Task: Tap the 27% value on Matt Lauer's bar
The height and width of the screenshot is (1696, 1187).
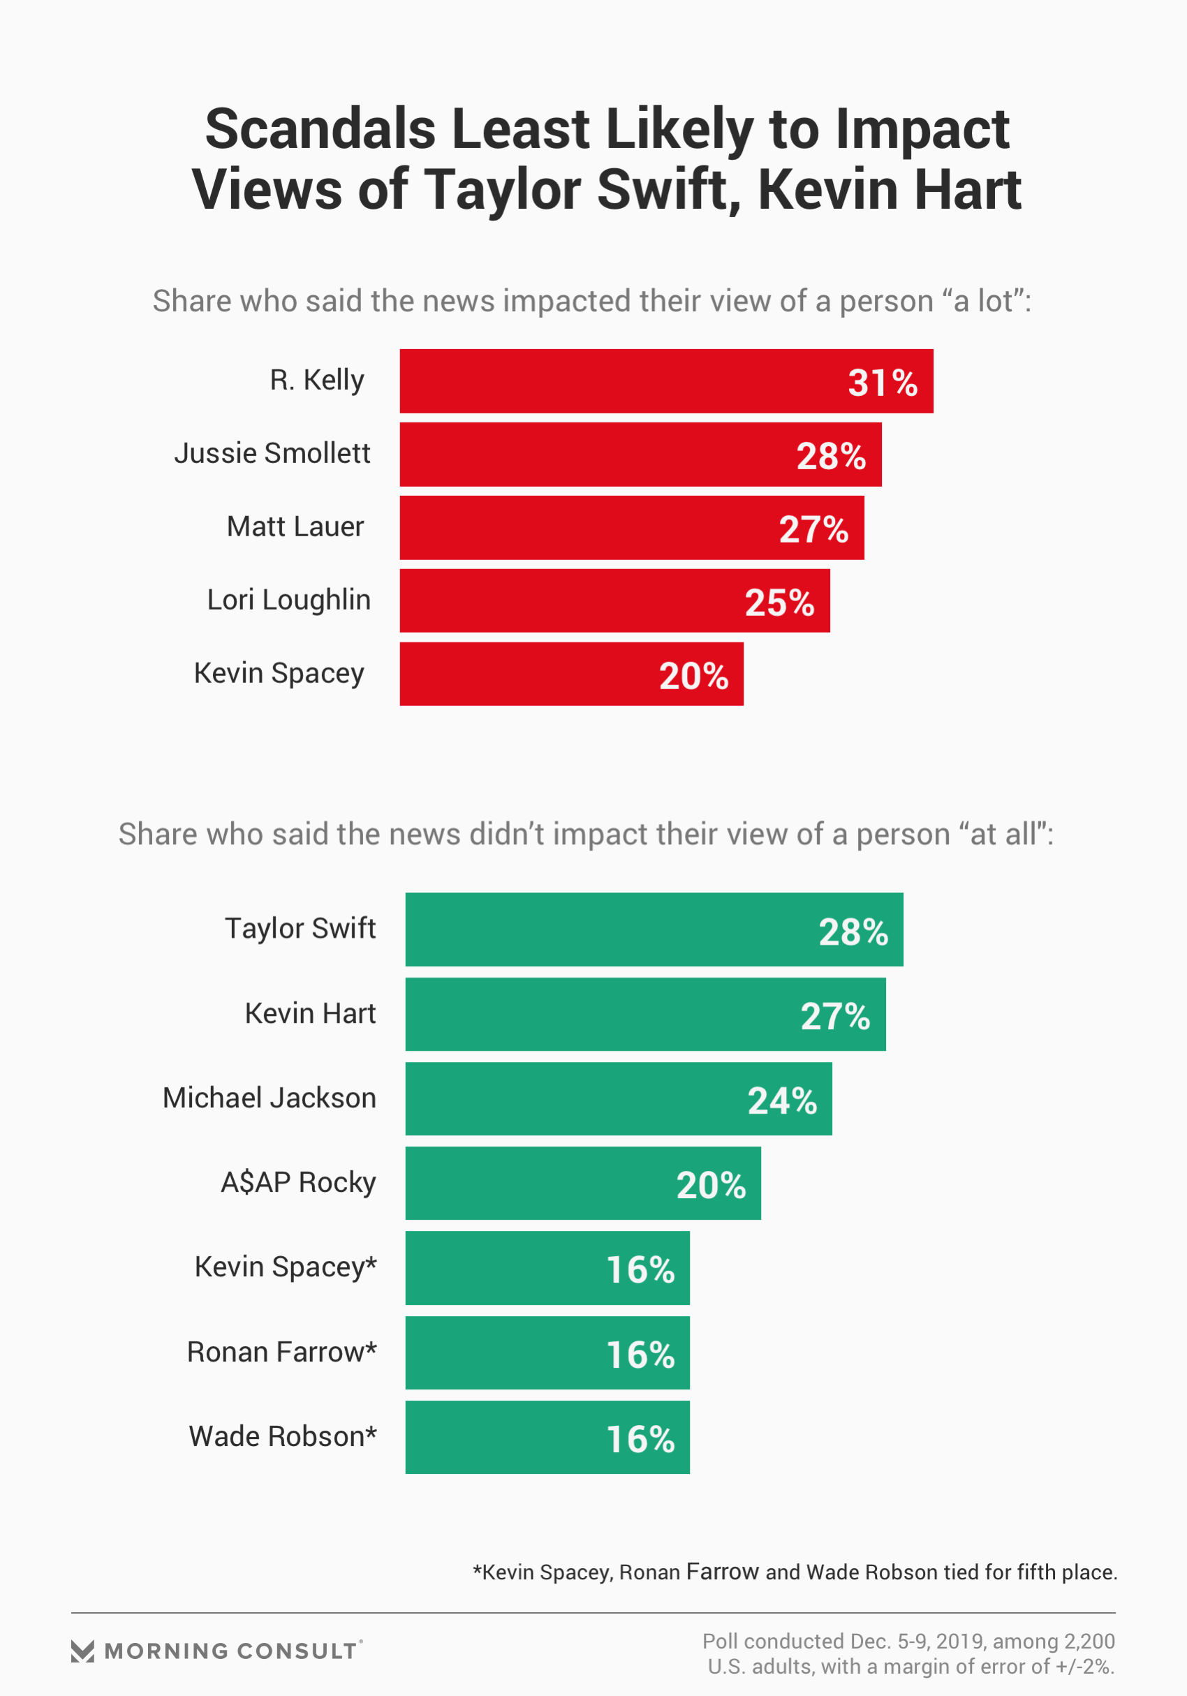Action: click(x=813, y=529)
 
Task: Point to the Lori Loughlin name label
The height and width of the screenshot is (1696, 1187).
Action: click(x=288, y=600)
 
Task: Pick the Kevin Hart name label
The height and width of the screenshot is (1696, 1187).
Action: click(x=310, y=1013)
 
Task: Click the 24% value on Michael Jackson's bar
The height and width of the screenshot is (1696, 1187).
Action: click(x=782, y=1100)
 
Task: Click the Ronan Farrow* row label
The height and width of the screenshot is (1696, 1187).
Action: click(x=281, y=1352)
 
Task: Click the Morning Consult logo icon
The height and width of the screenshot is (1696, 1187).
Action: click(x=82, y=1651)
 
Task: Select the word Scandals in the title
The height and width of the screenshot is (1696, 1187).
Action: click(x=320, y=129)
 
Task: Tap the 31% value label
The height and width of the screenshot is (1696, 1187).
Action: click(x=882, y=383)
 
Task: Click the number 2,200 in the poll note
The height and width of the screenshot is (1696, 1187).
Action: click(x=1089, y=1642)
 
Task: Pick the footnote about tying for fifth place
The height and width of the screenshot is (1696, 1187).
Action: click(x=795, y=1572)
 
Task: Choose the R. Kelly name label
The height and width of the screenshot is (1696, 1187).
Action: click(x=316, y=380)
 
